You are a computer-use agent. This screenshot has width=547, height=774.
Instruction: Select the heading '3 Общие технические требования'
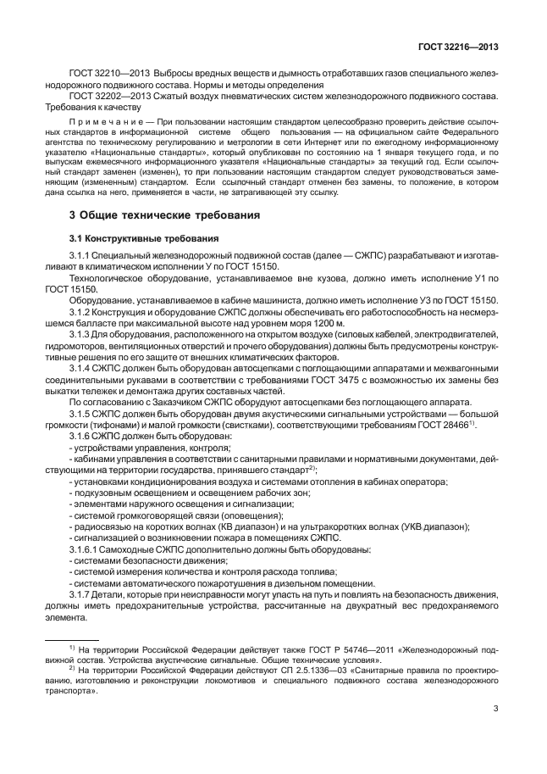coord(163,215)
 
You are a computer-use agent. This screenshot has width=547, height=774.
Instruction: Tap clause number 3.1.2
coord(83,313)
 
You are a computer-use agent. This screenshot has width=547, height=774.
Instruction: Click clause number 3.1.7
coord(83,593)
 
